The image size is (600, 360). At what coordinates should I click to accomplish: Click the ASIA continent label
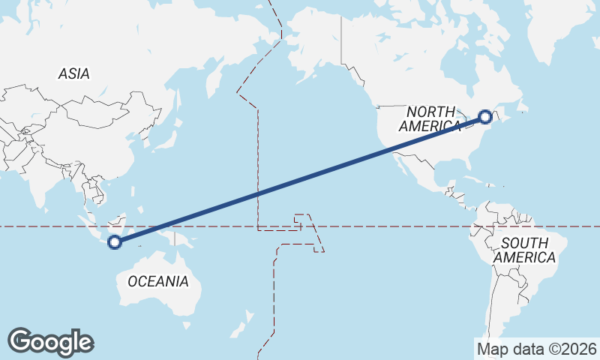coord(74,73)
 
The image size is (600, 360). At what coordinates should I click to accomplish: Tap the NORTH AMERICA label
coord(430,118)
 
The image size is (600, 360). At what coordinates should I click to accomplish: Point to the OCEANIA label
coord(158,281)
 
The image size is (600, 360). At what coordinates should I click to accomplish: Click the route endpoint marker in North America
coord(485,116)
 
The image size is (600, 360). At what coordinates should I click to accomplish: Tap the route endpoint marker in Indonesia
coord(115,241)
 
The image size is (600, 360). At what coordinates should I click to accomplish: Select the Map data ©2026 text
coord(536,349)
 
